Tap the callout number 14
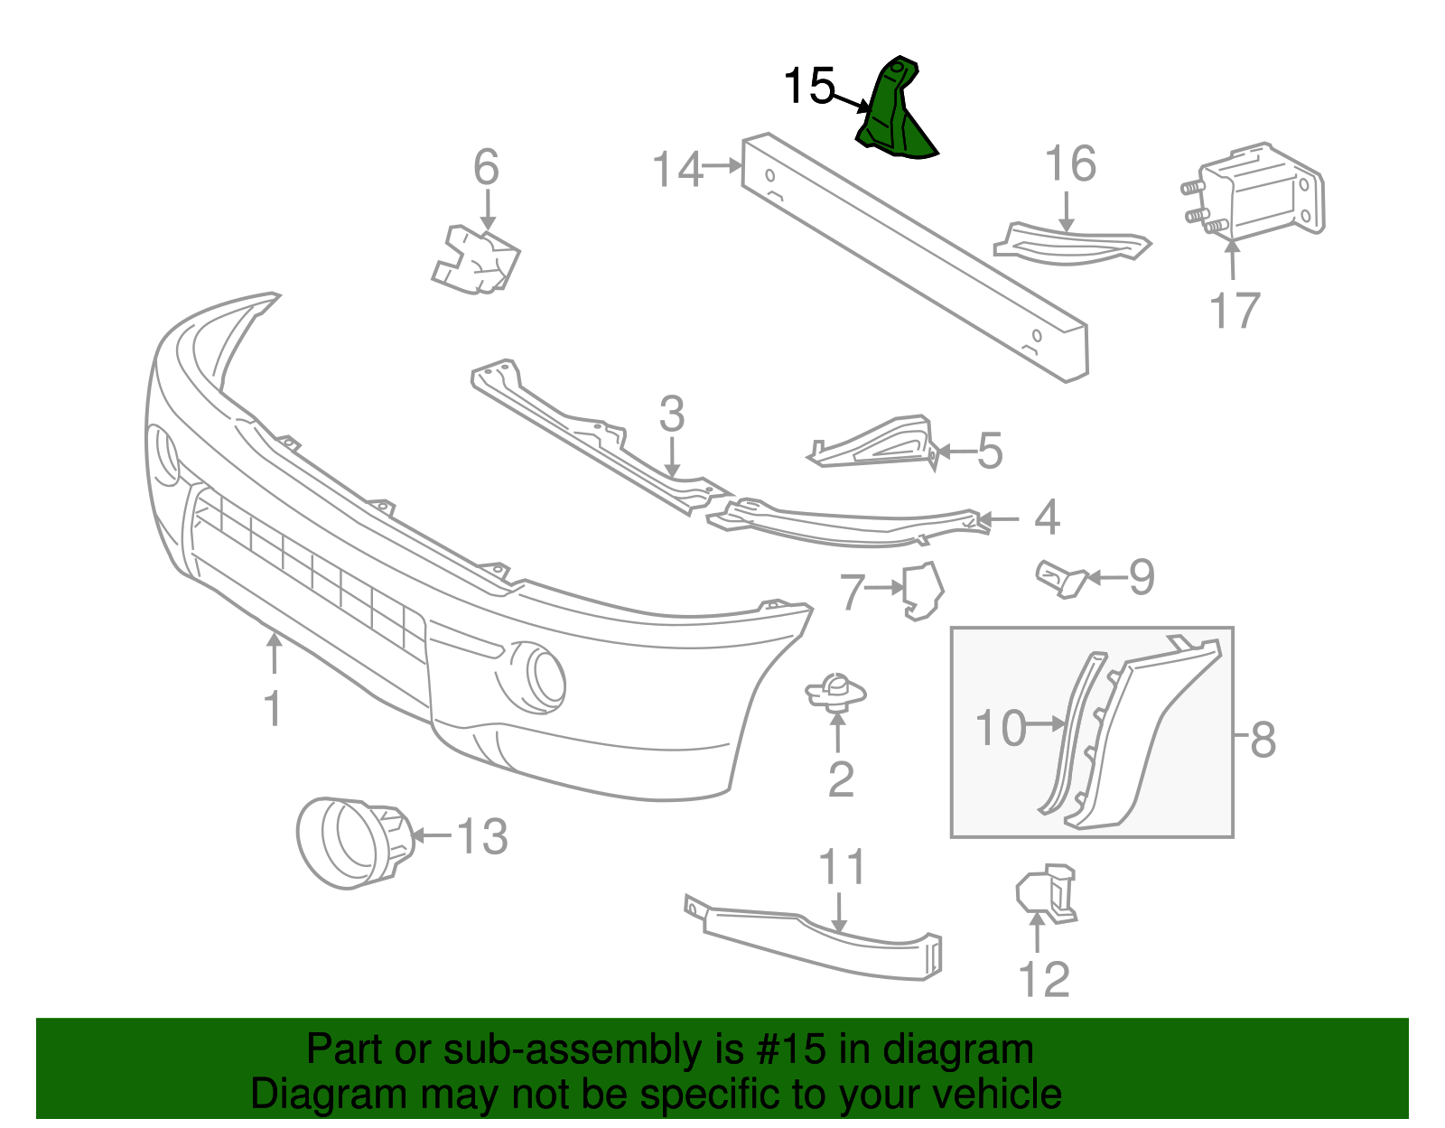coord(677,169)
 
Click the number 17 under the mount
coord(1234,311)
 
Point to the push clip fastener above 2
coord(835,694)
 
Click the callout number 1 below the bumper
coord(272,708)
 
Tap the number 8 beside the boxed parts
coord(1263,740)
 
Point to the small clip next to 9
coord(1062,578)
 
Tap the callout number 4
coord(1046,517)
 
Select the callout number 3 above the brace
coord(671,415)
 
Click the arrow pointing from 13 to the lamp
coord(432,836)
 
